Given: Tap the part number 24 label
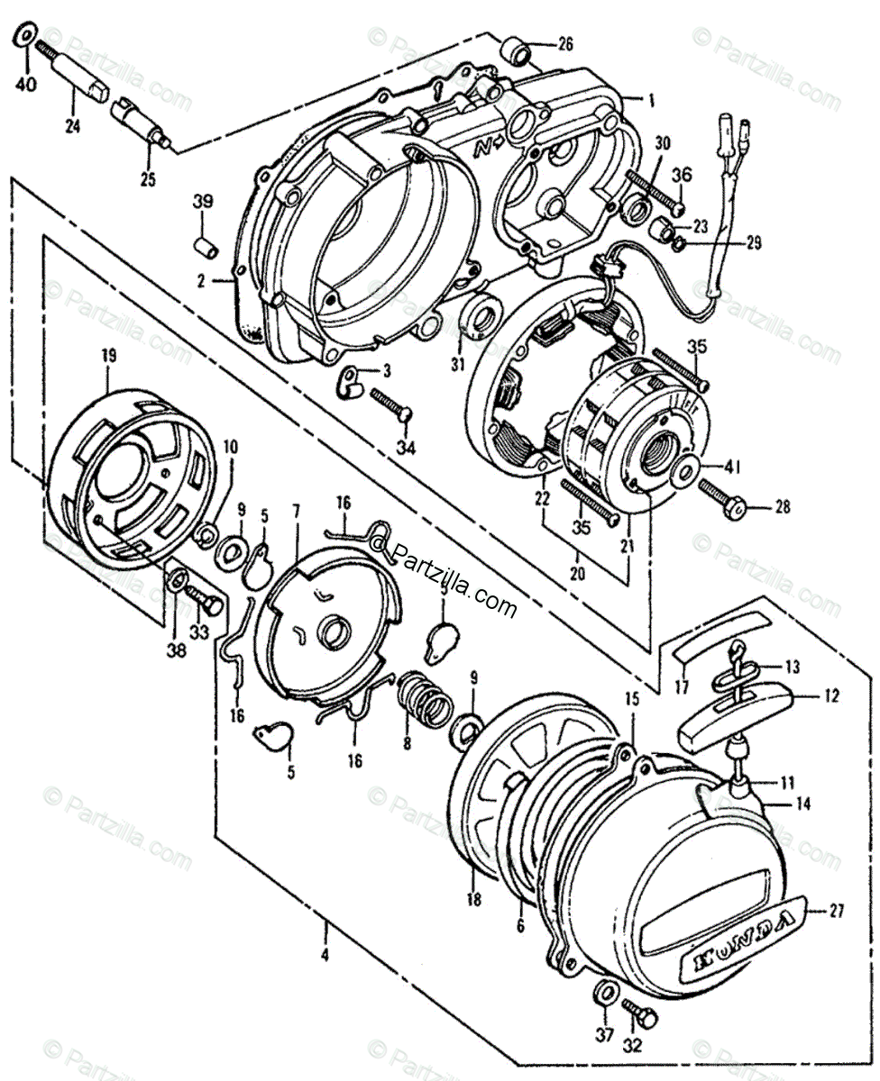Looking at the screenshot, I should click(72, 127).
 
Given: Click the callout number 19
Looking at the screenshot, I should click(108, 357).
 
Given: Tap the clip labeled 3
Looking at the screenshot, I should click(350, 383).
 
